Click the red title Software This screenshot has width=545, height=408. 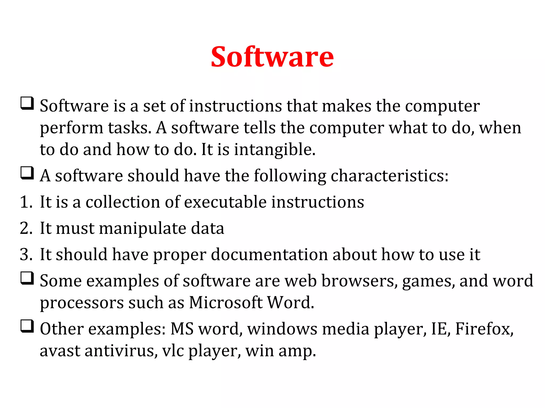point(272,57)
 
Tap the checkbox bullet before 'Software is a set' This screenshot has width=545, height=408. point(27,103)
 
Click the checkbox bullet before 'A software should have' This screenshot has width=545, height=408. point(27,173)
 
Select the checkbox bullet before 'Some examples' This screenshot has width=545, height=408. point(27,278)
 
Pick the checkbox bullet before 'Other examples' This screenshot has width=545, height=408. point(27,326)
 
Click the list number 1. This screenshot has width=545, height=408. point(26,202)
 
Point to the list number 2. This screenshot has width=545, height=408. point(26,228)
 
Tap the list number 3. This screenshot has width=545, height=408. point(26,254)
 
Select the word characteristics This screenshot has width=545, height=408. point(389,176)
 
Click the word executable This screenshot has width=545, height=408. point(225,202)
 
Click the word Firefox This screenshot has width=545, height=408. point(484,329)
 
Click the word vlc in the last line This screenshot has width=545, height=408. point(173,351)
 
